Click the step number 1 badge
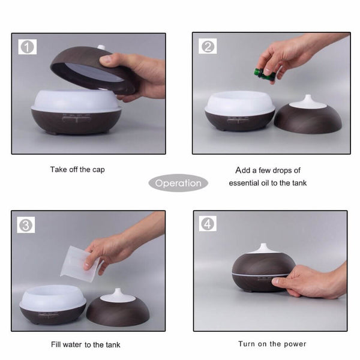click(27, 46)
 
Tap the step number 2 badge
click(208, 46)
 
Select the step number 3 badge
click(26, 225)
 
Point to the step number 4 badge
click(208, 224)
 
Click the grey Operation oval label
click(178, 184)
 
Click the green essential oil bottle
click(263, 74)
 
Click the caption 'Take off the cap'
click(77, 170)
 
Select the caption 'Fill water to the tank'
click(85, 344)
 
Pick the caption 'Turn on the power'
click(272, 344)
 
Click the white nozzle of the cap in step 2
click(307, 100)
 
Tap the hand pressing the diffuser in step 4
click(309, 281)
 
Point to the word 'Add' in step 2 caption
click(243, 170)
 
